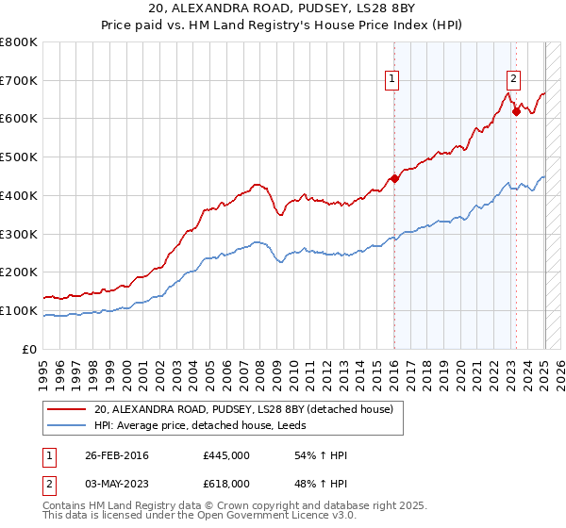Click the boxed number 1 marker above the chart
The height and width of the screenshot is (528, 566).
coord(391,80)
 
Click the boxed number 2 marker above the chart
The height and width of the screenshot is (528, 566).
coord(514,80)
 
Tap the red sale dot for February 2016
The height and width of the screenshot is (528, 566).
coord(394,178)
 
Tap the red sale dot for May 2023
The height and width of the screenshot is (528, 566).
coord(516,111)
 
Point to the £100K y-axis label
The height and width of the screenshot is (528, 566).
coord(20,310)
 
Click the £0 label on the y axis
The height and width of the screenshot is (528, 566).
coord(30,349)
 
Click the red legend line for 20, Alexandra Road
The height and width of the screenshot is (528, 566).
coord(68,409)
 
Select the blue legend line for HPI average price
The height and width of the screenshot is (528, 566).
coord(68,425)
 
